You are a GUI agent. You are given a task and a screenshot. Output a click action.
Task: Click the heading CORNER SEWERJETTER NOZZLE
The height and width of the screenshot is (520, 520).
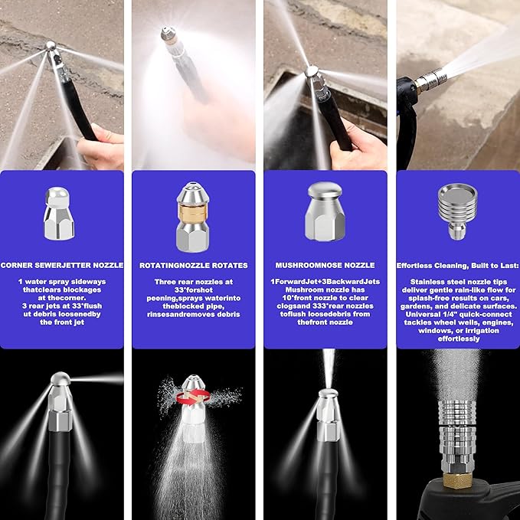click(62, 265)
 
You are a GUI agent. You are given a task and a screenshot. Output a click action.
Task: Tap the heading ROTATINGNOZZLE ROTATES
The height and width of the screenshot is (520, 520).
click(193, 265)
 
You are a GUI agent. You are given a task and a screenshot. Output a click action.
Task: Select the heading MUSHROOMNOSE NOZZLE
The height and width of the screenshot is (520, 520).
click(325, 265)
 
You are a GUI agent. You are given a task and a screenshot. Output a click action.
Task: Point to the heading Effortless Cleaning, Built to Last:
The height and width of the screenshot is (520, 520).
click(456, 265)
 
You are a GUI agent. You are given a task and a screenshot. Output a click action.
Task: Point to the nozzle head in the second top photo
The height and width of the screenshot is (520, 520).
click(167, 34)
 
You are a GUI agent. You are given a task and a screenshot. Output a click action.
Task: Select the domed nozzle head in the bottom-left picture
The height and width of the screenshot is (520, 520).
click(59, 381)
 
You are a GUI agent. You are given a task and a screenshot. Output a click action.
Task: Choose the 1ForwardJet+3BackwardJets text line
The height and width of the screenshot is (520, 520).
click(325, 281)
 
